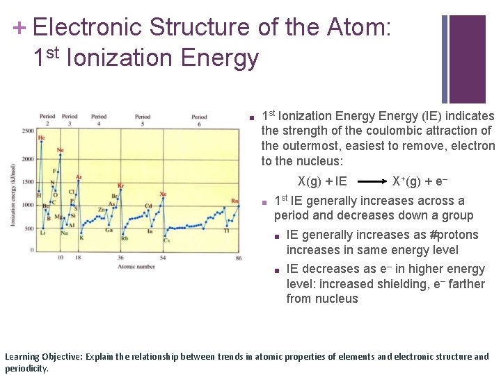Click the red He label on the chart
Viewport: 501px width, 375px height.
point(42,138)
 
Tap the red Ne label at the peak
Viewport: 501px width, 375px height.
point(61,151)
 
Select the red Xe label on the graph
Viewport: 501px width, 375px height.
point(163,194)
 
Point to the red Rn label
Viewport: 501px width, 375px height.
point(234,201)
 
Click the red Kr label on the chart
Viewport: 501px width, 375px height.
point(120,185)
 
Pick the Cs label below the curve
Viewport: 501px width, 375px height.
point(166,240)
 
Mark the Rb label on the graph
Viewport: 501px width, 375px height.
point(125,239)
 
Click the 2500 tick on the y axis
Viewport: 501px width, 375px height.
point(28,131)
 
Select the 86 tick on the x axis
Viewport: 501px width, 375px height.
point(239,258)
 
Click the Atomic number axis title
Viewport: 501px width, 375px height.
point(136,266)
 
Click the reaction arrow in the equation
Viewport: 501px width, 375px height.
point(369,183)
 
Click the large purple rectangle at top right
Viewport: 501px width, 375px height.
point(468,59)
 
